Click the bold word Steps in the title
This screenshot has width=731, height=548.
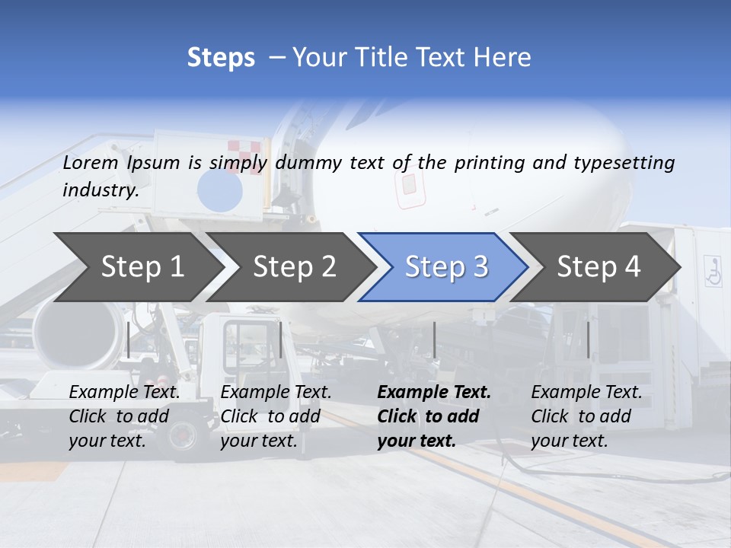pyautogui.click(x=221, y=58)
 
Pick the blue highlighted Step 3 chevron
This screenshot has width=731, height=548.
pyautogui.click(x=445, y=267)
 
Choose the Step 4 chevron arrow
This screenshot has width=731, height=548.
pyautogui.click(x=597, y=267)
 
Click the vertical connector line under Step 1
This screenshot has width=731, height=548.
pyautogui.click(x=129, y=339)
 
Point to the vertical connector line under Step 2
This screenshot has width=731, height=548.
pyautogui.click(x=281, y=339)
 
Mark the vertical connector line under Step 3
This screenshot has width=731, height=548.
pyautogui.click(x=434, y=339)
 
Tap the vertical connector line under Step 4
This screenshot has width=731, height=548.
pyautogui.click(x=588, y=339)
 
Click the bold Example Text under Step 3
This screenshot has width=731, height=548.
pyautogui.click(x=434, y=416)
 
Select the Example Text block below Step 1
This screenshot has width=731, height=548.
pyautogui.click(x=125, y=416)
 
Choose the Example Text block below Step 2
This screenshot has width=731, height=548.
pyautogui.click(x=276, y=416)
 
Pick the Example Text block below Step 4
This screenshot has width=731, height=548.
pyautogui.click(x=586, y=416)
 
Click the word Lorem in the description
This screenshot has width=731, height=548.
pyautogui.click(x=91, y=163)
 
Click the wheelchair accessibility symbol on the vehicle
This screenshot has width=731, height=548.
pyautogui.click(x=713, y=271)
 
